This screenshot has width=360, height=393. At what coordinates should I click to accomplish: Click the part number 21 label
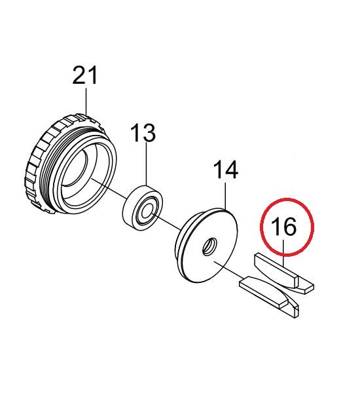(x=84, y=75)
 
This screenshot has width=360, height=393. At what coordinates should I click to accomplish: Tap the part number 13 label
(x=143, y=133)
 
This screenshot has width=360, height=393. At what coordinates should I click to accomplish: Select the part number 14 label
(x=225, y=170)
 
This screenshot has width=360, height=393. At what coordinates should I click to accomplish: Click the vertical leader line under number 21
(x=86, y=102)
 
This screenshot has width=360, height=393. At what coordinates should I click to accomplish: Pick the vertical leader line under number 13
(x=147, y=164)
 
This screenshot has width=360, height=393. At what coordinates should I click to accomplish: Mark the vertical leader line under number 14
(x=225, y=195)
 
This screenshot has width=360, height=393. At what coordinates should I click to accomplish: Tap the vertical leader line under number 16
(x=283, y=253)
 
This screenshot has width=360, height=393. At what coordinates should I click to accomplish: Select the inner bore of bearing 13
(x=147, y=211)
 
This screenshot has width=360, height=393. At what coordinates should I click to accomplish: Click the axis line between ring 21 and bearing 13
(x=109, y=188)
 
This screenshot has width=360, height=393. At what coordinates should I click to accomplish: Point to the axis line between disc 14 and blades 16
(x=228, y=269)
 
